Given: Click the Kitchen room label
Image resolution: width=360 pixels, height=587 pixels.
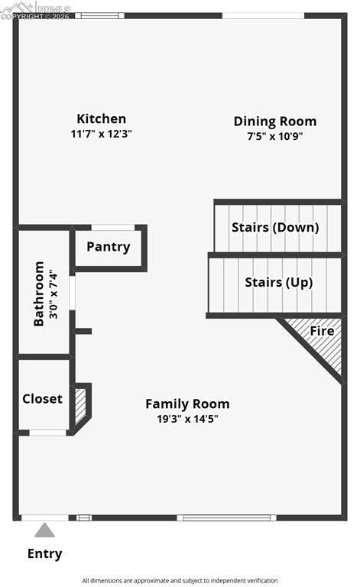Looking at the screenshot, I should pyautogui.click(x=101, y=118).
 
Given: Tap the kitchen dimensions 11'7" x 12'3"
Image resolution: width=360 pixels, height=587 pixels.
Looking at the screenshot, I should pyautogui.click(x=101, y=133).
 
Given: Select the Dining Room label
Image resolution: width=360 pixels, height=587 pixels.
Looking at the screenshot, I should pyautogui.click(x=274, y=121).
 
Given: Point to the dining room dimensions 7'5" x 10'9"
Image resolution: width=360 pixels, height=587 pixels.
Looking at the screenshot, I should pyautogui.click(x=274, y=135).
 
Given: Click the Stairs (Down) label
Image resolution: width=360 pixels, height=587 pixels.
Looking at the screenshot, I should pyautogui.click(x=275, y=227).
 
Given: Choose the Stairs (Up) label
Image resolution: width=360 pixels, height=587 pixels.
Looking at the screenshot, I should pyautogui.click(x=278, y=282).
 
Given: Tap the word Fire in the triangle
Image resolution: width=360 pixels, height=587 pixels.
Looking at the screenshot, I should pyautogui.click(x=322, y=331).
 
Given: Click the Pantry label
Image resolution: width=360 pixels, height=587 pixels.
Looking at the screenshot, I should pyautogui.click(x=108, y=247).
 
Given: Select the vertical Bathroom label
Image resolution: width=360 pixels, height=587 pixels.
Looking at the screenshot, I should pyautogui.click(x=39, y=293).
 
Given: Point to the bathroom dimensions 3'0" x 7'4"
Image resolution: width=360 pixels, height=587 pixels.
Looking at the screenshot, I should pyautogui.click(x=53, y=293).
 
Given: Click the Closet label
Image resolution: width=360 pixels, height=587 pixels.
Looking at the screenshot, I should pyautogui.click(x=42, y=398).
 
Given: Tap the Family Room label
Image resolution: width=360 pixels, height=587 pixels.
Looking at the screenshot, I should pyautogui.click(x=187, y=404).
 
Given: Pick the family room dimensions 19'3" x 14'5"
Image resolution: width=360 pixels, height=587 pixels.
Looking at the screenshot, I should pyautogui.click(x=187, y=418).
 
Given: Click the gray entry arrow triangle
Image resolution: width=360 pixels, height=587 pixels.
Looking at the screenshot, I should pyautogui.click(x=45, y=530).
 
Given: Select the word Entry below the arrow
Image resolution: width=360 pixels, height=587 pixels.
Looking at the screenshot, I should pyautogui.click(x=45, y=553).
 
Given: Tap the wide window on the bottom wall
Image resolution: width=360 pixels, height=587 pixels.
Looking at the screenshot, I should pyautogui.click(x=226, y=517).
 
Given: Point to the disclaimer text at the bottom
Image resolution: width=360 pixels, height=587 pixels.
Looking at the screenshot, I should pyautogui.click(x=180, y=580).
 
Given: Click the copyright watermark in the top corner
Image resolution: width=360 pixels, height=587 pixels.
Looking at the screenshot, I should pyautogui.click(x=34, y=9).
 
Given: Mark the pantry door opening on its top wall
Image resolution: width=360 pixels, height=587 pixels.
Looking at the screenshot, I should pyautogui.click(x=112, y=227).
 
